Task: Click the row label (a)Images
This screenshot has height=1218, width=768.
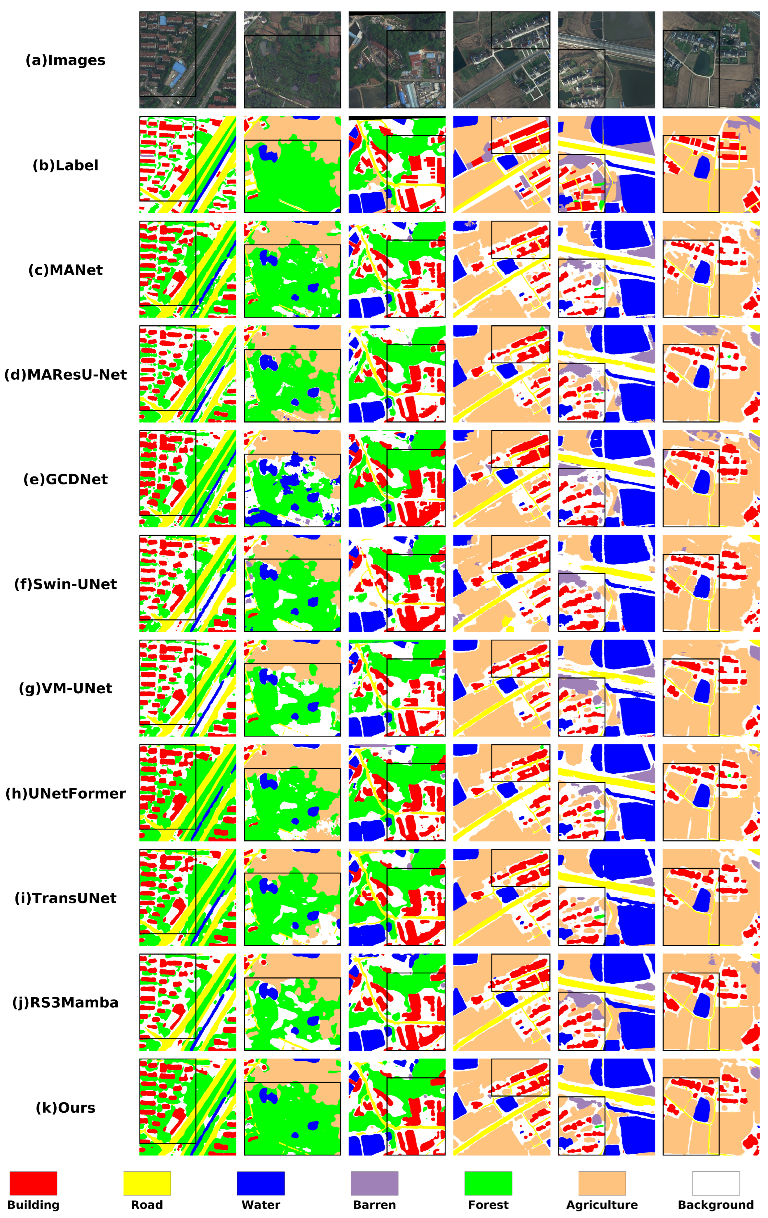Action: click(x=65, y=61)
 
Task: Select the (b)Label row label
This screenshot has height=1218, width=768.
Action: click(x=65, y=165)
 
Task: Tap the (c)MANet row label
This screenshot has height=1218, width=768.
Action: click(x=65, y=270)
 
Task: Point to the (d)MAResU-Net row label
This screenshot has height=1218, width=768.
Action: click(x=65, y=375)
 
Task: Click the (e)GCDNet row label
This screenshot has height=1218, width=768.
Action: click(x=65, y=480)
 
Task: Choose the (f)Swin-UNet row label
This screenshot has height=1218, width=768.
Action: click(x=65, y=584)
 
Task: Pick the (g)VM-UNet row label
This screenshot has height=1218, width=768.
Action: click(x=65, y=688)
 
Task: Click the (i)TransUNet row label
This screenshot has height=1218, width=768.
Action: click(x=65, y=898)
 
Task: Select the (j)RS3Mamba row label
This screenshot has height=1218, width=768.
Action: click(x=65, y=1002)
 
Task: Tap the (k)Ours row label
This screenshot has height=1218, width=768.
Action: click(x=65, y=1108)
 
